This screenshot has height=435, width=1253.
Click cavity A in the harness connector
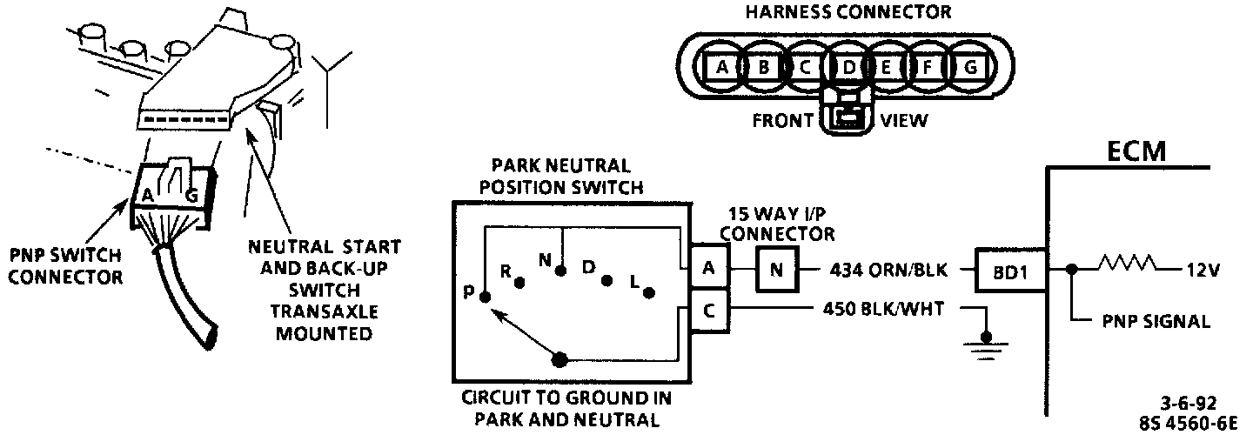(721, 67)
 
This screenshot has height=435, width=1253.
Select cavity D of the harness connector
(847, 67)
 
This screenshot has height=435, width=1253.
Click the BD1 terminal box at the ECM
(1009, 270)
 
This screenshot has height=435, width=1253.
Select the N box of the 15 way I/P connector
(776, 270)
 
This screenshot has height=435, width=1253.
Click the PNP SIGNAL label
(1156, 322)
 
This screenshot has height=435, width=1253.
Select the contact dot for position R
(519, 283)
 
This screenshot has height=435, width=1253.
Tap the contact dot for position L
(648, 293)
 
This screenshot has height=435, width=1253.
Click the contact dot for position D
(607, 281)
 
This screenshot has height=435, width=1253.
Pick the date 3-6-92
(1187, 403)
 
